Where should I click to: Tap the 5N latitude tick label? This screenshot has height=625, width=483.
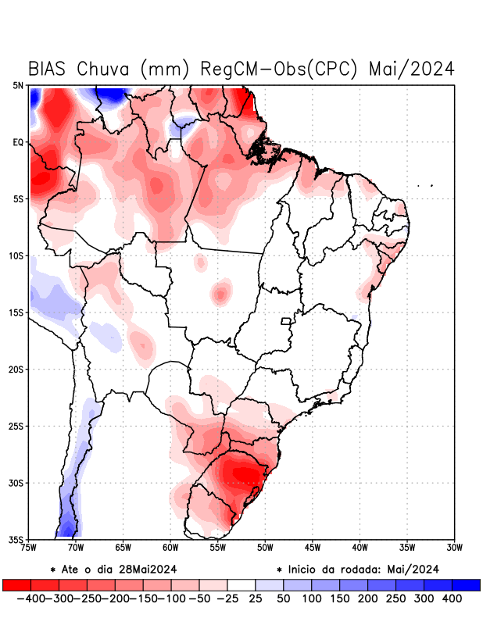17,85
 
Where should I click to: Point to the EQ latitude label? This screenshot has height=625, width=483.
17,142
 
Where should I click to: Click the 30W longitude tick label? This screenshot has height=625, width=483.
454,548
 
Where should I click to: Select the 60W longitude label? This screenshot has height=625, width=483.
170,548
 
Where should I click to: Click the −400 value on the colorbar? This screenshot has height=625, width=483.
30,598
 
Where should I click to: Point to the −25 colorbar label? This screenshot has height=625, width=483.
226,598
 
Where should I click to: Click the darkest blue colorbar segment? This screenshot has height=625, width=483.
467,584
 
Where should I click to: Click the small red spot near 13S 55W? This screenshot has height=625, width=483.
221,295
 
